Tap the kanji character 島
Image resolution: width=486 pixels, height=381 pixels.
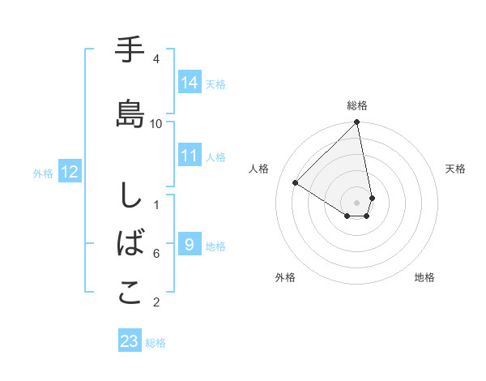130,113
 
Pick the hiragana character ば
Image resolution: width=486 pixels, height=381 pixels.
130,243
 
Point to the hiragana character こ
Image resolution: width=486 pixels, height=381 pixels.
130,293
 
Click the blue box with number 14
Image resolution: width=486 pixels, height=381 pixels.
190,82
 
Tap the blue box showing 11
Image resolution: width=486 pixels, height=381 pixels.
190,156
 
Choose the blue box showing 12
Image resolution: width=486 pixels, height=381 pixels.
70,172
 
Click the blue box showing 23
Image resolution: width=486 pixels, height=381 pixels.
130,341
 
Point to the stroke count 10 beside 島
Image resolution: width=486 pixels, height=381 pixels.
156,123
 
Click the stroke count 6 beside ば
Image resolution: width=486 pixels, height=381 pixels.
156,254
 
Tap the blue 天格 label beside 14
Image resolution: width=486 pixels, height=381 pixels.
215,83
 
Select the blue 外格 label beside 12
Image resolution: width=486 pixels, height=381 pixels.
43,173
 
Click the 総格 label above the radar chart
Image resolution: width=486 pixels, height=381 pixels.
357,105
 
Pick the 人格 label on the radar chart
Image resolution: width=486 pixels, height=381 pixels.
259,169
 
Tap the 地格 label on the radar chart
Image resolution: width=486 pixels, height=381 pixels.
424,277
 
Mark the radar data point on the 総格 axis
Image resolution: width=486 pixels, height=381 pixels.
357,122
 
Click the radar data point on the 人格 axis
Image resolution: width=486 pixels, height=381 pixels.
296,182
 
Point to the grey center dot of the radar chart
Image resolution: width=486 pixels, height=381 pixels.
357,202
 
